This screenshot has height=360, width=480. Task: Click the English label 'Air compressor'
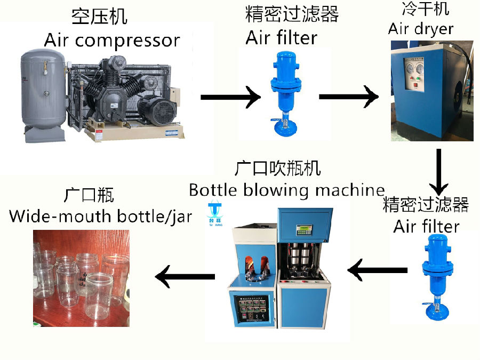[111, 40]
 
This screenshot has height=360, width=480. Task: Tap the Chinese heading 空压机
[99, 16]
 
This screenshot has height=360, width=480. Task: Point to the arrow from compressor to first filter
[230, 98]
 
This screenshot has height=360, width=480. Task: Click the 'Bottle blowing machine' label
[286, 190]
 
